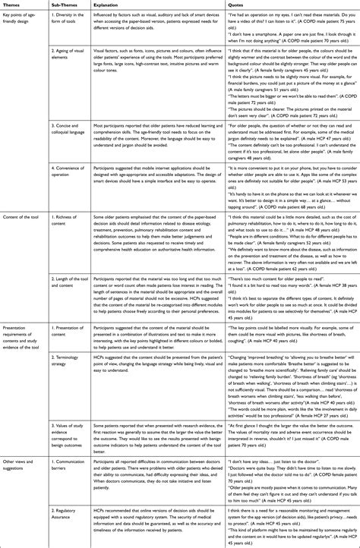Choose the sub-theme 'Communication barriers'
68,486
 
